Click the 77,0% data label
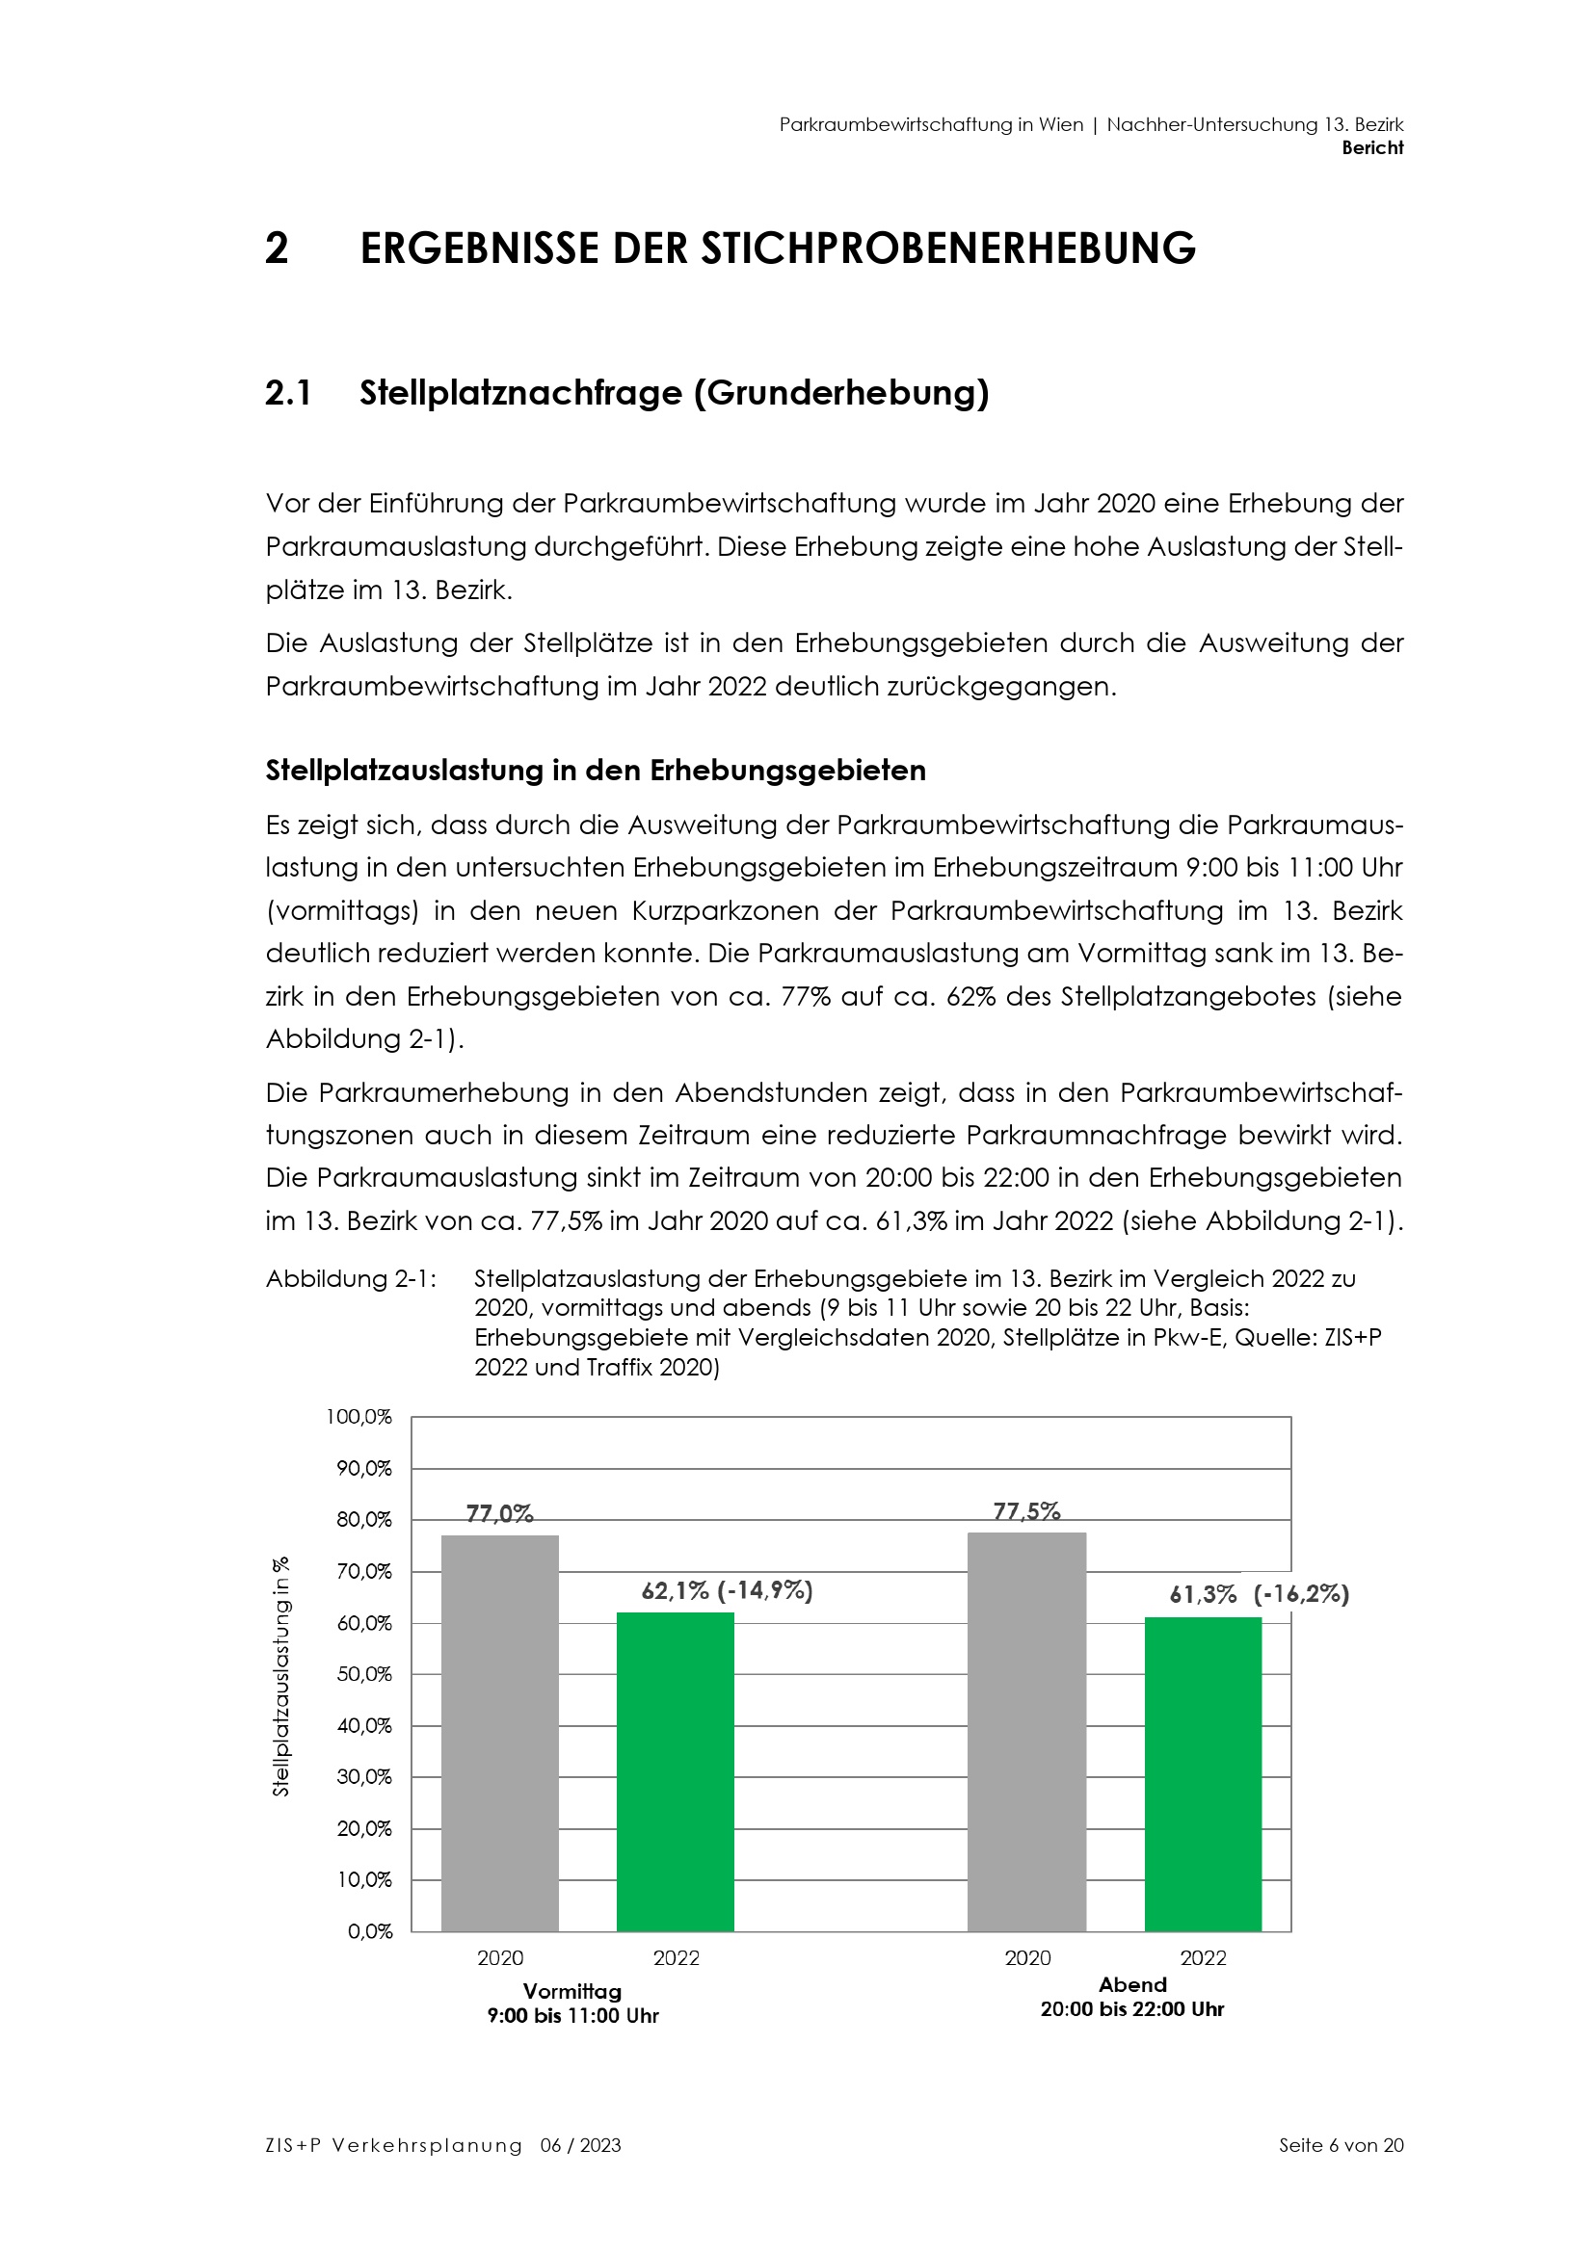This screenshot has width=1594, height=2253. click(499, 1513)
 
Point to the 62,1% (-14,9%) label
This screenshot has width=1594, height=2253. click(728, 1590)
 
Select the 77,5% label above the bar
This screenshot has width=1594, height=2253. click(1026, 1511)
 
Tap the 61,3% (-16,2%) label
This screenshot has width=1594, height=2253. click(1259, 1594)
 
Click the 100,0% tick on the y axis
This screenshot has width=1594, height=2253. click(359, 1417)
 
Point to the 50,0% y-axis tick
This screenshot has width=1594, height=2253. click(364, 1674)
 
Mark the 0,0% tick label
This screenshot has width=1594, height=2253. click(370, 1931)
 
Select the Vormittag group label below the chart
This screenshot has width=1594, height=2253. click(572, 1991)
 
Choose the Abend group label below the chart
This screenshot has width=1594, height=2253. click(1131, 1984)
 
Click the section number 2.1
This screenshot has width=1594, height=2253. click(288, 394)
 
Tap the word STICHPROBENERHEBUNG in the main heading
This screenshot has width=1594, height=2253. click(947, 249)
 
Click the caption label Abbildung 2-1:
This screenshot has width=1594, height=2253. click(352, 1279)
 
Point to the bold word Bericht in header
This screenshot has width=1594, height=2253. click(1372, 148)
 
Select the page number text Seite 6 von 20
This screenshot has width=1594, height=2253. click(1341, 2145)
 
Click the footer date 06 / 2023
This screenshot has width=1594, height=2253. click(580, 2145)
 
